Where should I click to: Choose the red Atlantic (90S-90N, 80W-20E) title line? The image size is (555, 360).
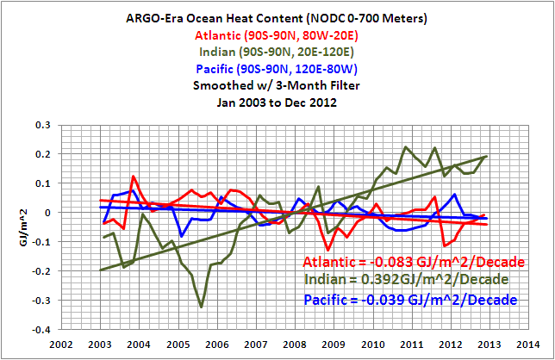coord(277,37)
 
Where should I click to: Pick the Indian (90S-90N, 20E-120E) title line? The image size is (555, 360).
coord(277,53)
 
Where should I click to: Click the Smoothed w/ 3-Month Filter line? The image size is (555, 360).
coord(277,84)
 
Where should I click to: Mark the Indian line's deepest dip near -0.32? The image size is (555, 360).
coord(202,306)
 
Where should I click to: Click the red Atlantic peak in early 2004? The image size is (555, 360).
coord(134,177)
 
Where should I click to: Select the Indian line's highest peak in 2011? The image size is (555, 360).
coord(406,146)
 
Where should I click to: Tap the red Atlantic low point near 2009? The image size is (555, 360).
coord(328,249)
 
